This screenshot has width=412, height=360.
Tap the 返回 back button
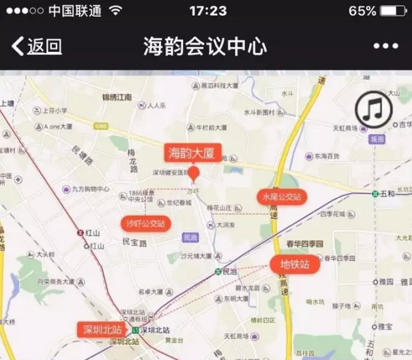pos(37,46)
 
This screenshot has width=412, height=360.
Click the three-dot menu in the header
pos(385,46)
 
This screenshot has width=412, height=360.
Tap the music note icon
pos(374,110)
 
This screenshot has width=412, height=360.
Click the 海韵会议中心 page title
pos(205,46)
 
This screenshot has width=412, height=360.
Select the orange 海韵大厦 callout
pos(193,153)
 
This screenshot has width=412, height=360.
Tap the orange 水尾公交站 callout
pos(282,197)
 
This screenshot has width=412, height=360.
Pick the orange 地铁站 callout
pos(295,265)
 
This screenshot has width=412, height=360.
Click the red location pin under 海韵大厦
pos(194,173)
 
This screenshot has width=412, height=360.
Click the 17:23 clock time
pos(208,11)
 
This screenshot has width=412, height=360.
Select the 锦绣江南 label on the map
pos(117,97)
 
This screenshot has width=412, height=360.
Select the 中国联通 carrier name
pos(75,11)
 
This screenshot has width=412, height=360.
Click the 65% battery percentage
pos(362,11)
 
